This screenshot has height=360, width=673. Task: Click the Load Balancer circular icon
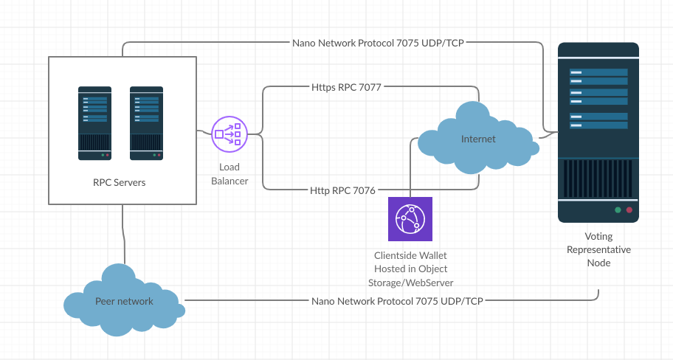[229, 134]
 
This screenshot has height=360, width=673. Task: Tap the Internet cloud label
[478, 139]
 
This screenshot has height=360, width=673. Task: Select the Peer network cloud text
[124, 301]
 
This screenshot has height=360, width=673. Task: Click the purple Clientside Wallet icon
[410, 219]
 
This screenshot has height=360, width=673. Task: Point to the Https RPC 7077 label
[346, 87]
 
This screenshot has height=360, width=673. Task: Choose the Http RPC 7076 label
[342, 190]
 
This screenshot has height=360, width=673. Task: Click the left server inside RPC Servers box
[95, 123]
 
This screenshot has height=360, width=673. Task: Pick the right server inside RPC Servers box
[146, 123]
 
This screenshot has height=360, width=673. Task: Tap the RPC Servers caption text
[120, 182]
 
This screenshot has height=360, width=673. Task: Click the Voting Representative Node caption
[598, 249]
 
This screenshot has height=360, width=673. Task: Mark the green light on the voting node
[618, 210]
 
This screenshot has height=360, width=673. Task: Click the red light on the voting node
[629, 210]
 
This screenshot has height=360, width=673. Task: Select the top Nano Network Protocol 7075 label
[378, 43]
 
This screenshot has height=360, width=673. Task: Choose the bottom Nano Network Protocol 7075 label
[398, 301]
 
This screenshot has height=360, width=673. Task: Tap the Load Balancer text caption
[229, 174]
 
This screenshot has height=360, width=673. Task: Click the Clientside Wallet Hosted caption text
[411, 269]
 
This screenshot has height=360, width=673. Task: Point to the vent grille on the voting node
[598, 179]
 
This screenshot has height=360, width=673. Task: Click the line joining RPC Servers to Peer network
[124, 235]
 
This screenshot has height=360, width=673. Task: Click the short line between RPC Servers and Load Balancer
[204, 132]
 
